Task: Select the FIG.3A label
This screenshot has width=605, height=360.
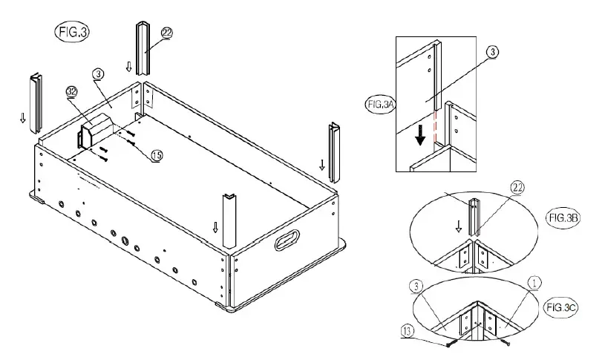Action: pyautogui.click(x=379, y=105)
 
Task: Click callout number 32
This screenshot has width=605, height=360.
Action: pyautogui.click(x=72, y=91)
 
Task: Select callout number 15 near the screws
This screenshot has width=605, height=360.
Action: pyautogui.click(x=156, y=155)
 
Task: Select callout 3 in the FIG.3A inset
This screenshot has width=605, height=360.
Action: pyautogui.click(x=493, y=51)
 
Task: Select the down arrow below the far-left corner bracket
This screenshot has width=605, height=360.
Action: pyautogui.click(x=22, y=117)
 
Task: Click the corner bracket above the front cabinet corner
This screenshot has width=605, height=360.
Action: pyautogui.click(x=228, y=220)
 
